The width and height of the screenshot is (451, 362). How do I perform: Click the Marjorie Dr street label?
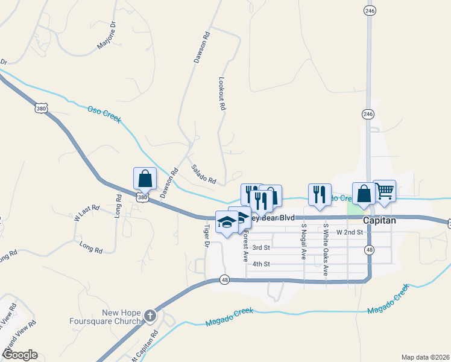point(106,36)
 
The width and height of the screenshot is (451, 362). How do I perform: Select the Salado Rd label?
point(203,174)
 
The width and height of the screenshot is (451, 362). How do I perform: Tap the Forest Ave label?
point(245,248)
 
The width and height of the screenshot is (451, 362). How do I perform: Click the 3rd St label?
point(260,247)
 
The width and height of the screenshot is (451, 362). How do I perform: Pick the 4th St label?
point(260,264)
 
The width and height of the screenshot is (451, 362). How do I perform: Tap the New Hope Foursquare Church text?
point(121,317)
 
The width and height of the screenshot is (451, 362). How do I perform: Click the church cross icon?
point(150,316)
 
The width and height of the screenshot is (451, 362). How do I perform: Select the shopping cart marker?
point(384,191)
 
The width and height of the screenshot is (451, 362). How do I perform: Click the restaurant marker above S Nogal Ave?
point(319,194)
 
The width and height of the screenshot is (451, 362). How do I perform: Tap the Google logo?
point(19,354)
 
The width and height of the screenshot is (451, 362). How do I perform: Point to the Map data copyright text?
point(425,357)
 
